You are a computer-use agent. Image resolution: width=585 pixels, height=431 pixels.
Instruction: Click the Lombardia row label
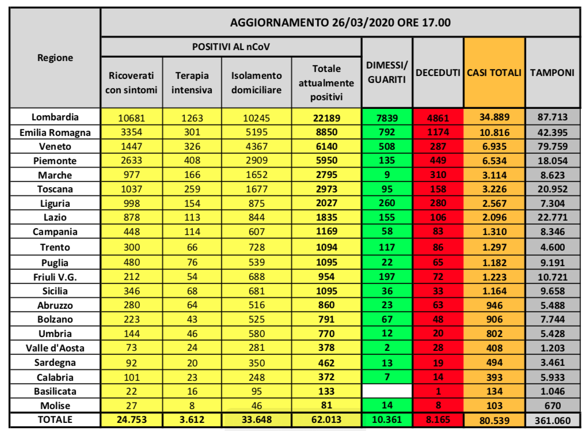(x=55, y=117)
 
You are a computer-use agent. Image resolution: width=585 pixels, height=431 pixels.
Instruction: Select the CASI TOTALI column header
(x=494, y=73)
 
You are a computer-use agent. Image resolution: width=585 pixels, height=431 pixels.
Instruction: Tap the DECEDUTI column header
(x=438, y=73)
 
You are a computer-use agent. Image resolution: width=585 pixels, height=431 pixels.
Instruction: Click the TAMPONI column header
(x=552, y=73)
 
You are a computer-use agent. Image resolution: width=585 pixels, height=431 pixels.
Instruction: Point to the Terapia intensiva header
(x=192, y=82)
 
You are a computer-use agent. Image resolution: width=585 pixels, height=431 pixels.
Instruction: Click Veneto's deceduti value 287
(x=438, y=146)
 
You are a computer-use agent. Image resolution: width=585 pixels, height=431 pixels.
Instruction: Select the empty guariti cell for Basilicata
(x=386, y=391)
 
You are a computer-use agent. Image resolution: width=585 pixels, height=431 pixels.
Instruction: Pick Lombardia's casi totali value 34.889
(x=494, y=118)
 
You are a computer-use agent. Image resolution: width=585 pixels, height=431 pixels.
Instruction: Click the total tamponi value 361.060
(x=552, y=419)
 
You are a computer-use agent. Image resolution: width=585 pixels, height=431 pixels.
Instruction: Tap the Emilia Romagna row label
(x=55, y=132)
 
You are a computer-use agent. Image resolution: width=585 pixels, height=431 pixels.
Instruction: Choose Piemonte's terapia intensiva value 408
(x=192, y=161)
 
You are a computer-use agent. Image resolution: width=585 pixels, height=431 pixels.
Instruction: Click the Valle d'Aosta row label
(x=55, y=347)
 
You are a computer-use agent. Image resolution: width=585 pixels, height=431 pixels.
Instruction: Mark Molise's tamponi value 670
(x=552, y=405)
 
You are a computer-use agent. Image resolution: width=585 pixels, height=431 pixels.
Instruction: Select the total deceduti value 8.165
(x=438, y=419)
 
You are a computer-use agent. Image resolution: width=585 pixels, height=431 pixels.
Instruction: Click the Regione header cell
(x=55, y=58)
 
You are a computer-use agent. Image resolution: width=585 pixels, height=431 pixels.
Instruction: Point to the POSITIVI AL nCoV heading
(x=230, y=46)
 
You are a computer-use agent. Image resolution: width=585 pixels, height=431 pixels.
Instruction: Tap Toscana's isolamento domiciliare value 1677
(x=256, y=189)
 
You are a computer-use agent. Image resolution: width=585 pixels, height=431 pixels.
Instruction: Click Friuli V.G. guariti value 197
(x=386, y=276)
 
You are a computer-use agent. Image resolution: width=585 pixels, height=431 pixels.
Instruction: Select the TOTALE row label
(x=55, y=419)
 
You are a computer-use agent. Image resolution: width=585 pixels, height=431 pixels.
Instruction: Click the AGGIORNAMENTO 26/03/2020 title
(x=340, y=23)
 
